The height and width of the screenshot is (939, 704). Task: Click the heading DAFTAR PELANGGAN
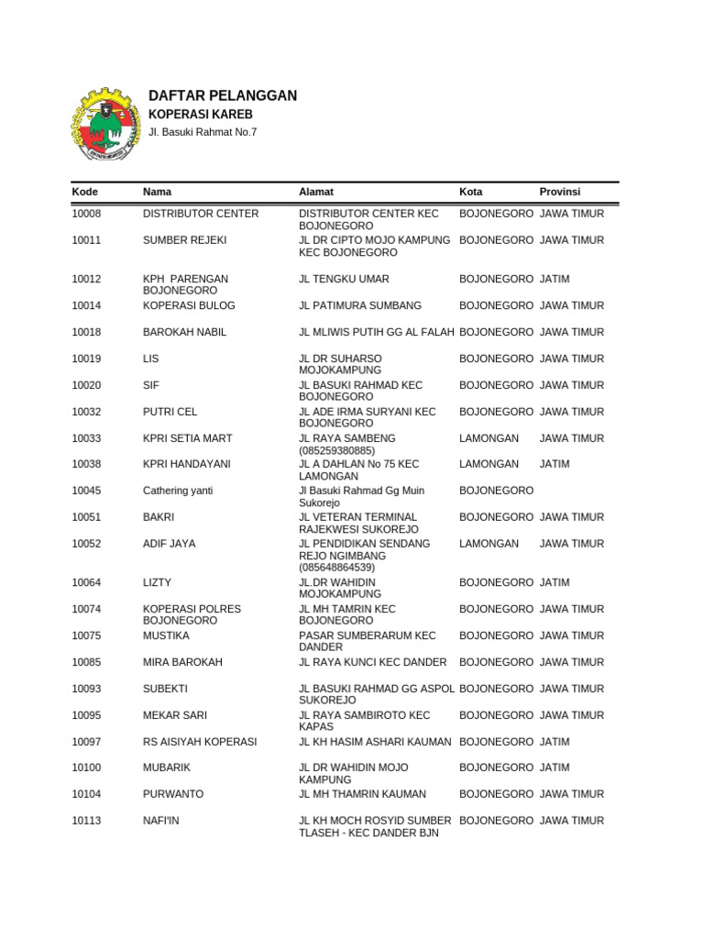[223, 96]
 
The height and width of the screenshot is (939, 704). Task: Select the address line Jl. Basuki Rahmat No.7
[203, 132]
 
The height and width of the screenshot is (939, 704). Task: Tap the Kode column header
[85, 192]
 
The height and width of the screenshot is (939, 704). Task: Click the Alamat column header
[316, 192]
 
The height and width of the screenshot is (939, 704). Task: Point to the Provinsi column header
[559, 192]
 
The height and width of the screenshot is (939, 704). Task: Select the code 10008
[87, 214]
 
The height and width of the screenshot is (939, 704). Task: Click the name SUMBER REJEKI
[184, 240]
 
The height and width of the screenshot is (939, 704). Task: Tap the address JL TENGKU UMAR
[344, 279]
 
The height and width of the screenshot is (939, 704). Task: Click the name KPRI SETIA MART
[188, 438]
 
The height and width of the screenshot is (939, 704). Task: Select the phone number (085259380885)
[337, 451]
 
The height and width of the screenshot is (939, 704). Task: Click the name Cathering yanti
[178, 491]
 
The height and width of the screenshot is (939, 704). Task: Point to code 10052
[87, 544]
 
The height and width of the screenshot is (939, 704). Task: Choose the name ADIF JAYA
[170, 544]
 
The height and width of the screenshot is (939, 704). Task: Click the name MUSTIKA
[166, 635]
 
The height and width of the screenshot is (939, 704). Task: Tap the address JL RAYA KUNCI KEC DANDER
[373, 662]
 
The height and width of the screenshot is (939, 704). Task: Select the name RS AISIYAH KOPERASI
[200, 742]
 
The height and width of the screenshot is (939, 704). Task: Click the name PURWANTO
[173, 794]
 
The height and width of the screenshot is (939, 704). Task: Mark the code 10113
[87, 821]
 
